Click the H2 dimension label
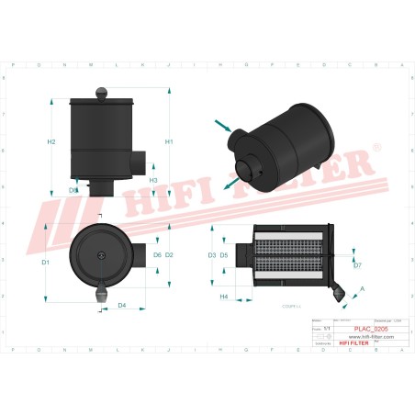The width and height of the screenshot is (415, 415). (51, 142)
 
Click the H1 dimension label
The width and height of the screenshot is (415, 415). (169, 142)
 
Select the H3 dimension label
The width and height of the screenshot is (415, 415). (153, 180)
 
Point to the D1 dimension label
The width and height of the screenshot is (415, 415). (45, 263)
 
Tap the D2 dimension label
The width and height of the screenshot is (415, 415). (170, 254)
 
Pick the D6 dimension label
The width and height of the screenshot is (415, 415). (157, 254)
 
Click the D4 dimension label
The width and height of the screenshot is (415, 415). (122, 305)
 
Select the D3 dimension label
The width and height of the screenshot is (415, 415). (211, 254)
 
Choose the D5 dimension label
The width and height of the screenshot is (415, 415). (224, 254)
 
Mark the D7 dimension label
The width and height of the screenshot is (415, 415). (357, 265)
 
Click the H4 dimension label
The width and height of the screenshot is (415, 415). (223, 297)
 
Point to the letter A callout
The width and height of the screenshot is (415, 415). (361, 288)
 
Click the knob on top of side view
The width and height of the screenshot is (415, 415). (101, 90)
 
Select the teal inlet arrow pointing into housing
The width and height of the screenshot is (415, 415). (222, 125)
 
